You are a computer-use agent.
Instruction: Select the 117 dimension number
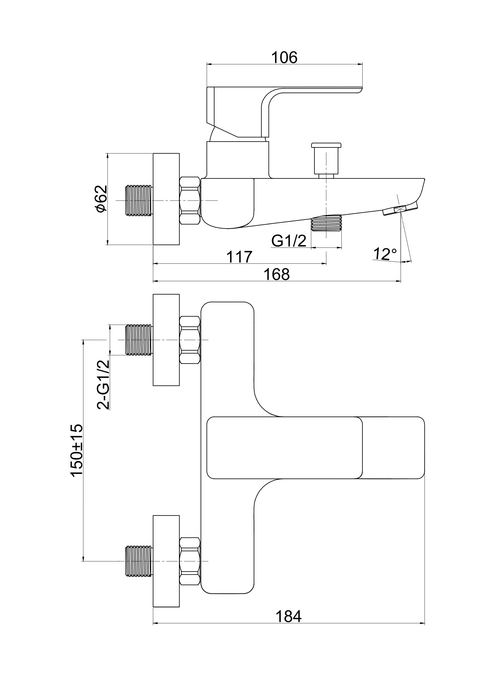(239, 257)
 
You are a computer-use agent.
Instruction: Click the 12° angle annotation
(385, 254)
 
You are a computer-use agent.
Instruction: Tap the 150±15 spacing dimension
(76, 450)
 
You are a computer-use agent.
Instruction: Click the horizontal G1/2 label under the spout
(289, 241)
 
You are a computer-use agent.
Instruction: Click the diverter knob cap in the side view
(326, 145)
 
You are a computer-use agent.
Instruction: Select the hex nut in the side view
(190, 200)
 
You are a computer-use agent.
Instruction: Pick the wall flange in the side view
(166, 199)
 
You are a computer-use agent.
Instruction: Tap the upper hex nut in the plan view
(190, 340)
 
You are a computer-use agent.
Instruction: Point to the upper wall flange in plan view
(166, 340)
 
